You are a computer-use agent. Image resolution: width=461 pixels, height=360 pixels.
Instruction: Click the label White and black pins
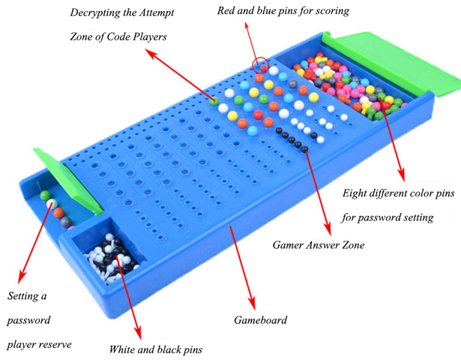(155, 349)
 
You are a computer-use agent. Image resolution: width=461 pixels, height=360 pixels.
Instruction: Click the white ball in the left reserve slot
(46, 201)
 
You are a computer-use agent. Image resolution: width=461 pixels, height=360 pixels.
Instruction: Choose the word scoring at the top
(331, 11)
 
